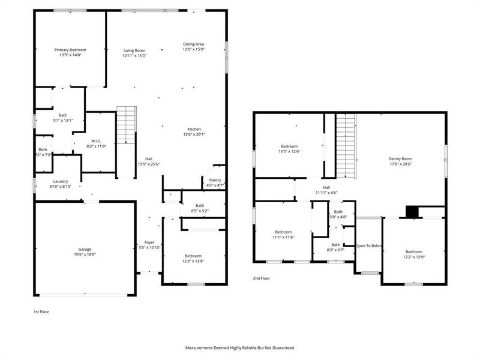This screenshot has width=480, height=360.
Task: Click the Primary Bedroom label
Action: pyautogui.click(x=70, y=50)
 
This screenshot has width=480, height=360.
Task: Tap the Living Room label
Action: pyautogui.click(x=134, y=50)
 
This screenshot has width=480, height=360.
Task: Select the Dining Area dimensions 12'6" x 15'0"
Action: pyautogui.click(x=194, y=50)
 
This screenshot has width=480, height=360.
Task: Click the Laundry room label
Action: pyautogui.click(x=60, y=181)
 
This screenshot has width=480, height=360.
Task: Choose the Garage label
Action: pyautogui.click(x=84, y=249)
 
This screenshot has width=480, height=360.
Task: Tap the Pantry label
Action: pyautogui.click(x=215, y=180)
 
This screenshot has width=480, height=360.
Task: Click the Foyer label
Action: pyautogui.click(x=149, y=242)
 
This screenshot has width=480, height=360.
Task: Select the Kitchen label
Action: pyautogui.click(x=194, y=129)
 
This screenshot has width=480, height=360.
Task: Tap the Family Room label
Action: pyautogui.click(x=400, y=158)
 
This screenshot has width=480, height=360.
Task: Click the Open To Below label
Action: pyautogui.click(x=369, y=246)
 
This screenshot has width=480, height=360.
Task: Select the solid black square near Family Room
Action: pyautogui.click(x=412, y=212)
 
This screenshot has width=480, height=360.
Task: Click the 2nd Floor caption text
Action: pyautogui.click(x=262, y=278)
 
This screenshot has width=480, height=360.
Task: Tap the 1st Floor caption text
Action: pyautogui.click(x=41, y=312)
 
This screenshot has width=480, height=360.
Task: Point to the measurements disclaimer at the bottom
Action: pyautogui.click(x=240, y=347)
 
